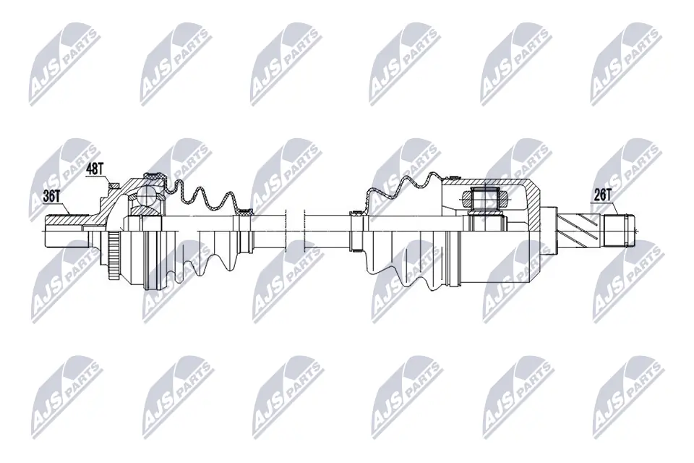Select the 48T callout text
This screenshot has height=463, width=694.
tap(95, 170)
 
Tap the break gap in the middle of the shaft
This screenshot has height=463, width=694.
tap(296, 230)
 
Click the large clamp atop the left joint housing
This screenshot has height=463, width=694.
tap(154, 176)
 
